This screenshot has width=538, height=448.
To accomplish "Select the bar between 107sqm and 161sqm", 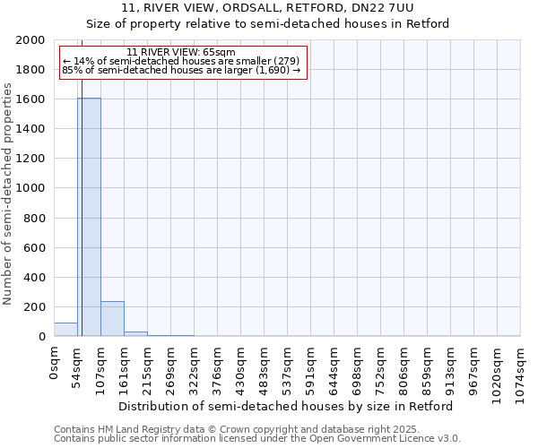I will tap(112, 319).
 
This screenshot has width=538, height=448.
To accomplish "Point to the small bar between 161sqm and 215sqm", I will tap(135, 333).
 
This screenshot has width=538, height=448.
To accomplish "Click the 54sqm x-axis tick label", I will tap(78, 366).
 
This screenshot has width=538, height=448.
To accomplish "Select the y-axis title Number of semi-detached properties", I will tap(9, 194).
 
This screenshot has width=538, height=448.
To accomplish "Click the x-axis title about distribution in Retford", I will tap(286, 406).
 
